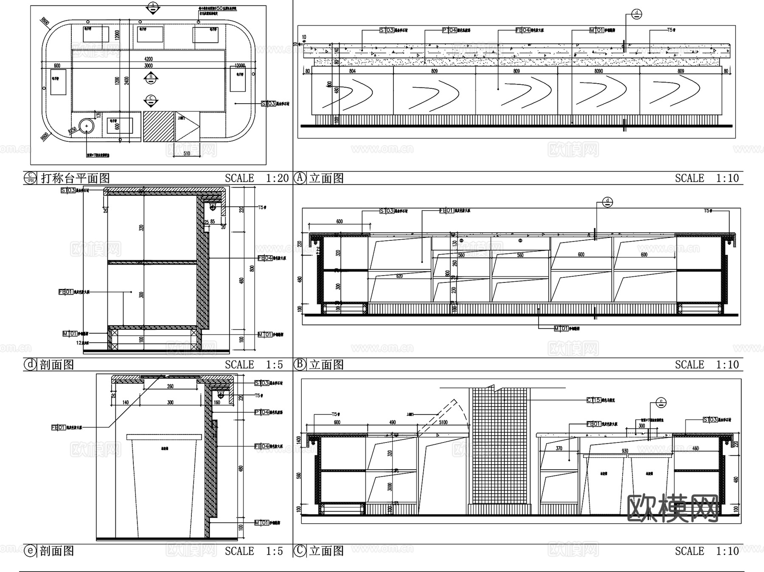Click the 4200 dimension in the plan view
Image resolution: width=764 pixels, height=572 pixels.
click(149, 59)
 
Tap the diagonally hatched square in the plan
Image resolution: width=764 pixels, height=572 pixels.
click(159, 126)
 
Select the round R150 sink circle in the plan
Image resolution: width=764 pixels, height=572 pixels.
click(87, 126)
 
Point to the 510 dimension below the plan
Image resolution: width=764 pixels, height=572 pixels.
click(187, 153)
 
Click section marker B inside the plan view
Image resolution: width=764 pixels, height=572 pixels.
click(151, 78)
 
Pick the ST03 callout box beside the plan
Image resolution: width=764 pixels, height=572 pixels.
click(269, 103)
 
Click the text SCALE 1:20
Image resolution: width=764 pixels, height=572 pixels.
click(256, 178)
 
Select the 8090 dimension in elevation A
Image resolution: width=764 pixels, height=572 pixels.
click(598, 71)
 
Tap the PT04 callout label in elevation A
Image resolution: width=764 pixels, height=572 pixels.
click(450, 30)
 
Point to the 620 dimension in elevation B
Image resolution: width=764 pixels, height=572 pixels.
click(399, 276)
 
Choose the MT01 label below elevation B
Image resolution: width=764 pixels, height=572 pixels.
click(561, 328)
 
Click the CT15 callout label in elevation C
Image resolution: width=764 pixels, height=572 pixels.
click(594, 400)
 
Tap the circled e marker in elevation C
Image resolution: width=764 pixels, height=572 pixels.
click(661, 402)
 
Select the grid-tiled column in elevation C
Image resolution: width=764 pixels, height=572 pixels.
click(500, 450)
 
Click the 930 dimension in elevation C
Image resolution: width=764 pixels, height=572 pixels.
click(625, 451)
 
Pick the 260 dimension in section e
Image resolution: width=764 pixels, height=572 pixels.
click(170, 386)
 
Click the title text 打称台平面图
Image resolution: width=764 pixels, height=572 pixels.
click(76, 178)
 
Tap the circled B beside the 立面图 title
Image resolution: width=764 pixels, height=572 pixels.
click(300, 364)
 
